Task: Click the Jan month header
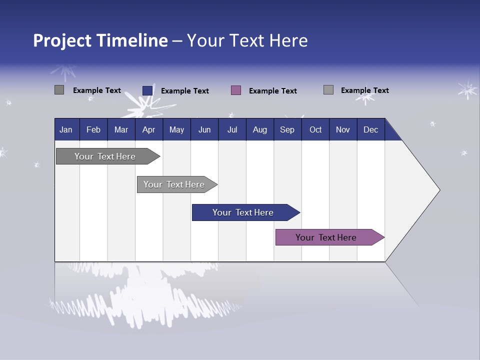pos(66,129)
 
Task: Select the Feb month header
pos(93,129)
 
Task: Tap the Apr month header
pos(148,129)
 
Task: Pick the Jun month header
pos(204,129)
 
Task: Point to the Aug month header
pos(259,129)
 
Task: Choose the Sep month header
pos(287,129)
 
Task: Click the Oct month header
pos(315,129)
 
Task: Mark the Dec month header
pos(370,129)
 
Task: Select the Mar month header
pos(121,129)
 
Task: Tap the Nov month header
pos(343,129)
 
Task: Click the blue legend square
pos(147,90)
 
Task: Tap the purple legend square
pos(236,90)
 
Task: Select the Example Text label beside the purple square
pos(272,91)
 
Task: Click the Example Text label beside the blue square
pos(184,91)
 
